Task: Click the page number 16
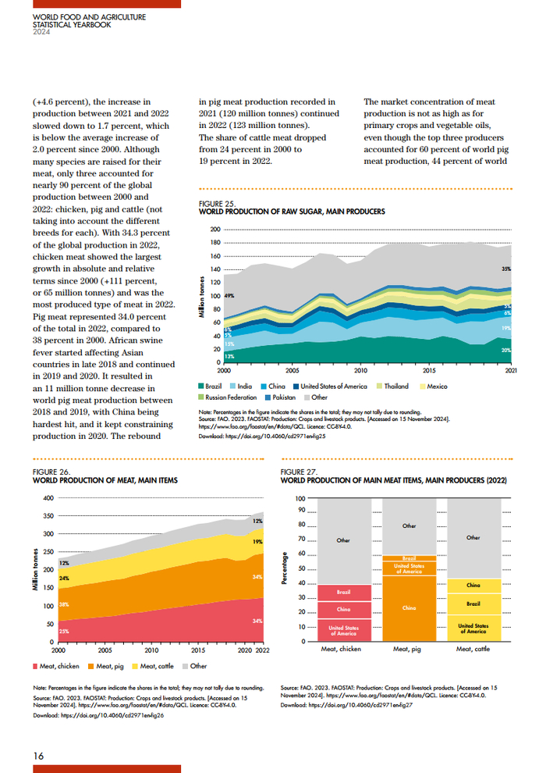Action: tap(37, 756)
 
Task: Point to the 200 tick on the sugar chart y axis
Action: tap(215, 230)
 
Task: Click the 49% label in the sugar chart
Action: tap(229, 297)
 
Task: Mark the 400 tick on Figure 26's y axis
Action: tap(48, 498)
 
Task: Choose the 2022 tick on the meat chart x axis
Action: tap(263, 650)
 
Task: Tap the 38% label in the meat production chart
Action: tap(65, 604)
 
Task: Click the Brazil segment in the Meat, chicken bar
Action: tap(343, 592)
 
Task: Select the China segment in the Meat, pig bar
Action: tap(409, 607)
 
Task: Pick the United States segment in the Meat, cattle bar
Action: tap(473, 628)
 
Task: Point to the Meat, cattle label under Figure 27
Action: tap(473, 649)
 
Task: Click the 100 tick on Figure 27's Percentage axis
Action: tap(300, 498)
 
